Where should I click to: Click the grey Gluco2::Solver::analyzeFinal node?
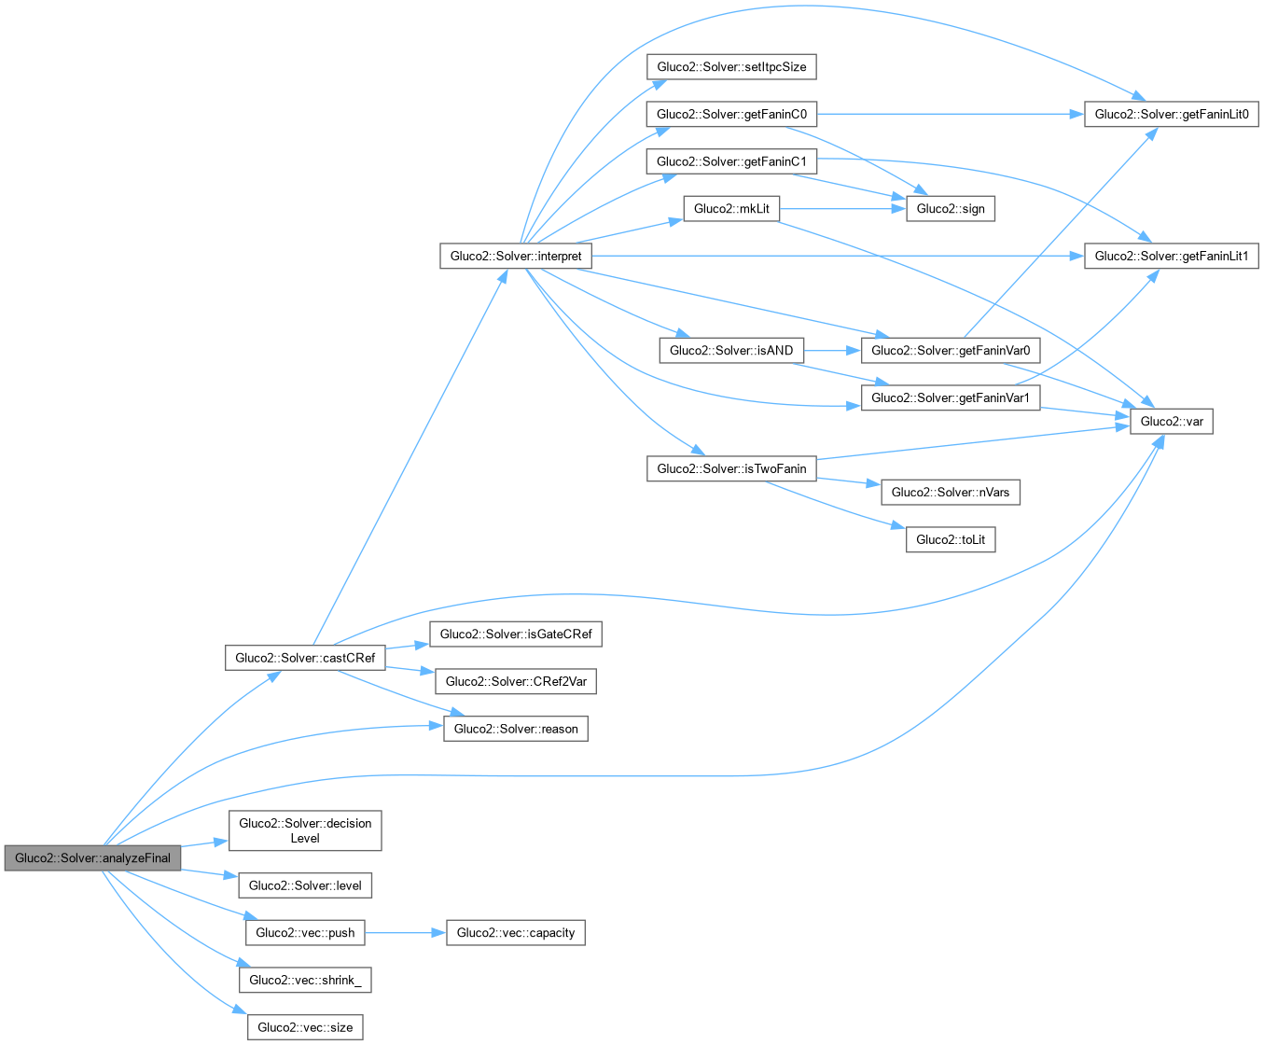coord(92,858)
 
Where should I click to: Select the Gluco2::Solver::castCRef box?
coord(305,658)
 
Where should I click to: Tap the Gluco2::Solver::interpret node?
coord(515,256)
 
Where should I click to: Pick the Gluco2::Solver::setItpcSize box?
coord(731,67)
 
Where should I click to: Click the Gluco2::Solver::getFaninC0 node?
coord(731,115)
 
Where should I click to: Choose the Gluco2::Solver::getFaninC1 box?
coord(731,161)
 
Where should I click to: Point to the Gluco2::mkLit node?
coord(731,209)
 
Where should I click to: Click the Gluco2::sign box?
coord(951,209)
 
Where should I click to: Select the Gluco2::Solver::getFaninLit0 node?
coord(1171,115)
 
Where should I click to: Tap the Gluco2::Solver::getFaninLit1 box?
coord(1171,256)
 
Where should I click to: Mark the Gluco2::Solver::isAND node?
coord(731,351)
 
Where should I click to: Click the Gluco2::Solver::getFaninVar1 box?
coord(951,398)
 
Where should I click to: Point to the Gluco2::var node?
coord(1172,422)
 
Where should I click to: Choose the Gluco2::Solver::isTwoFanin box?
coord(731,468)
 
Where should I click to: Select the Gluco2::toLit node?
coord(951,539)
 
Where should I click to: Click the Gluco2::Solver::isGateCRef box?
coord(516,634)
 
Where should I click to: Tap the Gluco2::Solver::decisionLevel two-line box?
coord(305,830)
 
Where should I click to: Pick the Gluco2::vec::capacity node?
coord(516,933)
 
